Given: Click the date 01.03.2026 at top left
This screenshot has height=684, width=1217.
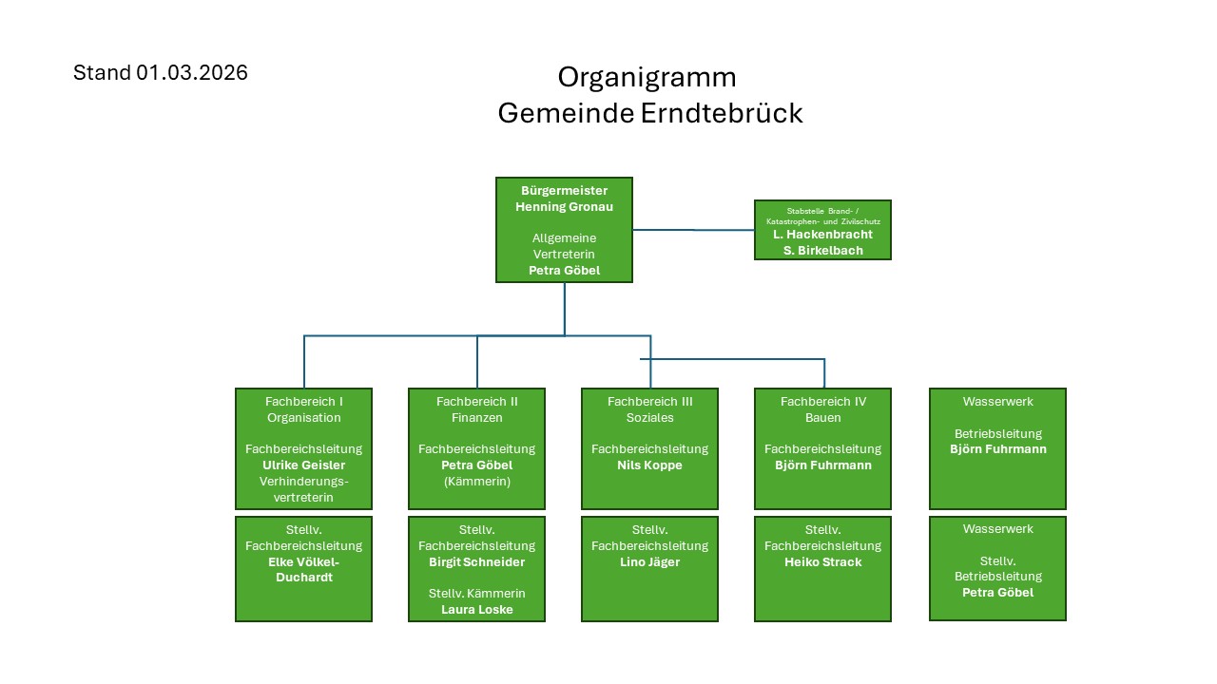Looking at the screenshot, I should [x=191, y=73].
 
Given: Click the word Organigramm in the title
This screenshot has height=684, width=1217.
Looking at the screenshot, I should [x=647, y=77].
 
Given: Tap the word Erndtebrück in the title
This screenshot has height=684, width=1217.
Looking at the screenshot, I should [x=722, y=113].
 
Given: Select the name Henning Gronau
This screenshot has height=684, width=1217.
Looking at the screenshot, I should [x=564, y=206].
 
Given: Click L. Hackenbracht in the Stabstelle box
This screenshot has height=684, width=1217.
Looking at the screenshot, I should [x=822, y=234].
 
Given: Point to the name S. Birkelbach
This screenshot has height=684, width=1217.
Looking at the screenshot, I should [x=822, y=250].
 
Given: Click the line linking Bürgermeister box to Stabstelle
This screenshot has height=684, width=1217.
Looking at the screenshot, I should [x=694, y=230].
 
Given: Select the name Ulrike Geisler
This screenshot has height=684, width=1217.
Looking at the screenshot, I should [x=303, y=465].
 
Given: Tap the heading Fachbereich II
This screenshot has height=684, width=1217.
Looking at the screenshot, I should [x=476, y=402].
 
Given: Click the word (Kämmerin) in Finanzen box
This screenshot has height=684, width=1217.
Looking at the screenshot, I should [x=476, y=482].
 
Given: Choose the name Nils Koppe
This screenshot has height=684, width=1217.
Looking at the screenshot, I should [x=649, y=465].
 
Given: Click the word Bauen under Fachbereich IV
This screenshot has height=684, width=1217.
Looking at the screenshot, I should [x=822, y=418].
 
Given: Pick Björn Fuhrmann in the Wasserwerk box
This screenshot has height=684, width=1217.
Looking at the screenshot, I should [x=997, y=449].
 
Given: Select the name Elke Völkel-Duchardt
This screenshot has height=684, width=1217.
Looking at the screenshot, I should [x=303, y=569].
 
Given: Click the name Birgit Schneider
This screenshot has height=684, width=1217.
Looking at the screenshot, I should [x=476, y=561].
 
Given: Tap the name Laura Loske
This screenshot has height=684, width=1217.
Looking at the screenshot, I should [x=476, y=610].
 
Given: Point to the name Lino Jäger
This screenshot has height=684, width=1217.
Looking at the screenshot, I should [x=649, y=561].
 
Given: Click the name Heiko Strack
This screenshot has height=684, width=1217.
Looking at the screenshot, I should [x=822, y=561].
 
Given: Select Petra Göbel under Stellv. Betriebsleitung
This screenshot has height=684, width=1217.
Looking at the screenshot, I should [x=997, y=593].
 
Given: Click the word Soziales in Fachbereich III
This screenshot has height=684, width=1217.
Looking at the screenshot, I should [x=649, y=418].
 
